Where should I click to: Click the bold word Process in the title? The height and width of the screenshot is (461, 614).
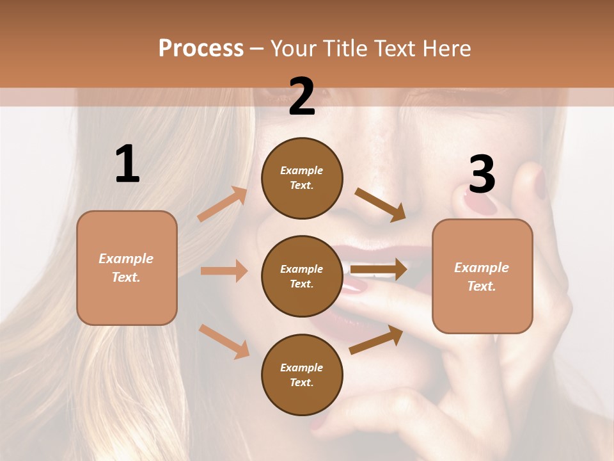[x=201, y=48]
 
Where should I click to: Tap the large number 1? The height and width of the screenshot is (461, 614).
[x=127, y=164]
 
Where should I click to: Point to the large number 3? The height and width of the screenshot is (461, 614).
[x=482, y=174]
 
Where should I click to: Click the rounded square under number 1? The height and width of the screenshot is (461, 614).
[x=127, y=268]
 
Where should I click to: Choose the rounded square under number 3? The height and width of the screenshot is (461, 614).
[x=482, y=276]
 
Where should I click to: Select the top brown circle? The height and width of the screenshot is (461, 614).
[x=302, y=178]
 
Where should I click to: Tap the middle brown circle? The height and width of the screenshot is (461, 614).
[x=302, y=276]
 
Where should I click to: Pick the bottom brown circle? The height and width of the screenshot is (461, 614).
[x=302, y=375]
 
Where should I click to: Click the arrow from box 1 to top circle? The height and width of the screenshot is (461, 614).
[x=222, y=204]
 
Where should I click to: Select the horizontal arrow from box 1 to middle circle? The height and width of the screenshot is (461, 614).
[x=224, y=271]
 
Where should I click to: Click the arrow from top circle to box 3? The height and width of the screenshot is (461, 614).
[x=380, y=205]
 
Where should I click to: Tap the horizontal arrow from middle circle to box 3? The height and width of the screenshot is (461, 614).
[x=378, y=270]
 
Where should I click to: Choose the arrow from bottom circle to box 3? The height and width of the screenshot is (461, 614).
[x=376, y=339]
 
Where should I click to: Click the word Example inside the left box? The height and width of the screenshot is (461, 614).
[x=126, y=259]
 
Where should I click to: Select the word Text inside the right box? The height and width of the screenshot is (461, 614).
[x=482, y=286]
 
